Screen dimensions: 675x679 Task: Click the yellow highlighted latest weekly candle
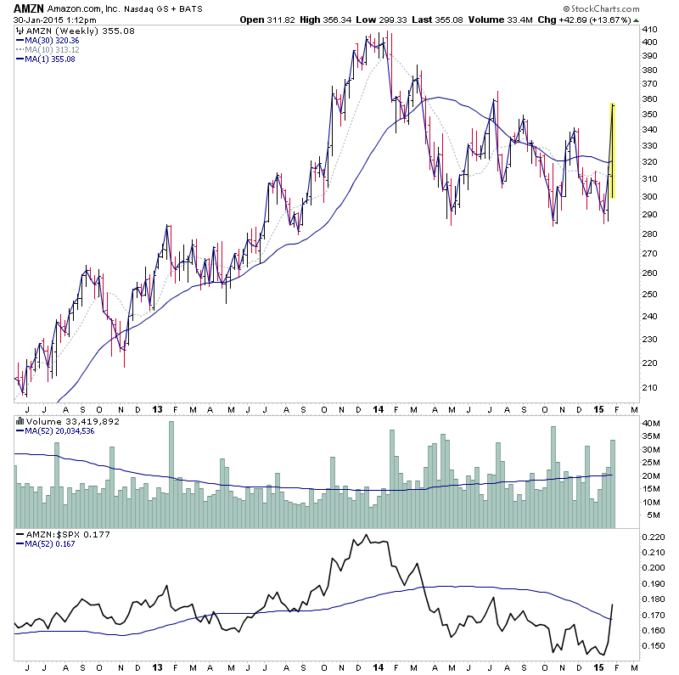click(612, 151)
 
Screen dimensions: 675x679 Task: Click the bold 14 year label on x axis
click(378, 408)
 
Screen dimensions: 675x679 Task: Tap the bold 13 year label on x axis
click(157, 408)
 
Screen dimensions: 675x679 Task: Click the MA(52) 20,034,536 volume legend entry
click(59, 430)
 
